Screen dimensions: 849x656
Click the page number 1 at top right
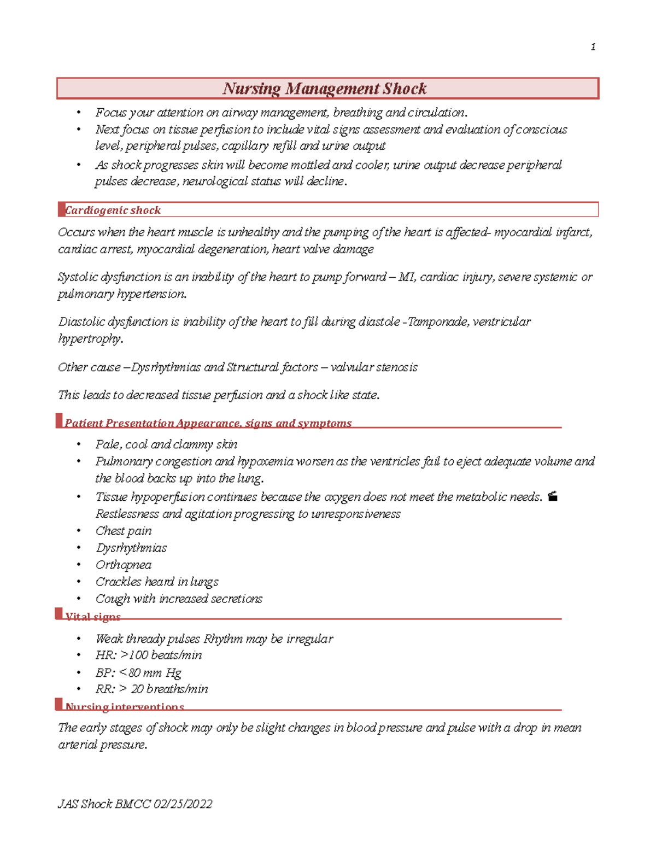click(x=593, y=47)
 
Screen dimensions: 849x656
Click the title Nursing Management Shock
click(x=325, y=89)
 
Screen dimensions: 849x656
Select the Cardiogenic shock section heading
click(x=113, y=210)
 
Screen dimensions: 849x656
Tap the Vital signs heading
click(x=92, y=617)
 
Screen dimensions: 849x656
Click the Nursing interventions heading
click(x=125, y=707)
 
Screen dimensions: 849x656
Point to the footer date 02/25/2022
click(x=183, y=804)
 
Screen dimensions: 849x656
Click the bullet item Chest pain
click(x=124, y=531)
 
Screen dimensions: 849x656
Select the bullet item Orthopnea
click(x=124, y=565)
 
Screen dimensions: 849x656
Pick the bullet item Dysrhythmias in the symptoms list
click(x=131, y=548)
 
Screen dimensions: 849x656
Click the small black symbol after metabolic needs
click(x=553, y=496)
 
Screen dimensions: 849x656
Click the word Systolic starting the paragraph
click(x=78, y=277)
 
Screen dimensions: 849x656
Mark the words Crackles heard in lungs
click(x=157, y=582)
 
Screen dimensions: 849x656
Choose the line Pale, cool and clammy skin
click(x=166, y=444)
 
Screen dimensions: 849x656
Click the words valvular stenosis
click(x=374, y=367)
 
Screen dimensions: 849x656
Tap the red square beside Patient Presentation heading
click(x=59, y=420)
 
